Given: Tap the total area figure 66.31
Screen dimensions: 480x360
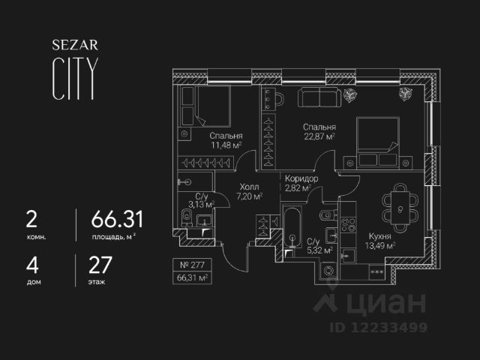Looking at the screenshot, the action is (117, 220).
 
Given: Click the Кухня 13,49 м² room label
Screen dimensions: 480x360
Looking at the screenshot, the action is (379, 240).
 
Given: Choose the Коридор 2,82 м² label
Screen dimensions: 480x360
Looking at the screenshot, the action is (302, 184).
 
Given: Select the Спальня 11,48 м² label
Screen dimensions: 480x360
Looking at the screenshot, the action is (226, 140).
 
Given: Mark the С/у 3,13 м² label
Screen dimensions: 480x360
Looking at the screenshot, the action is (200, 199).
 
